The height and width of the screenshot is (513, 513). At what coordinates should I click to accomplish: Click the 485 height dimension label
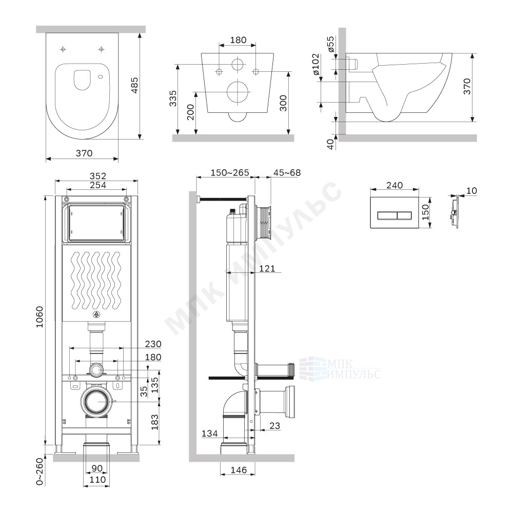point(134,86)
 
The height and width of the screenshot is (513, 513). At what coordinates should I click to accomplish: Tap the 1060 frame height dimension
point(40,317)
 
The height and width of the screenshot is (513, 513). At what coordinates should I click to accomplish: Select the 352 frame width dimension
point(98,176)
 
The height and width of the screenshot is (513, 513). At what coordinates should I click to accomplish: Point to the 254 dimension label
point(98,185)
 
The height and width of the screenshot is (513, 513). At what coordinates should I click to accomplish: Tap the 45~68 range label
point(287,172)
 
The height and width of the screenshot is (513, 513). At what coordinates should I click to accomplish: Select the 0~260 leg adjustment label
point(40,471)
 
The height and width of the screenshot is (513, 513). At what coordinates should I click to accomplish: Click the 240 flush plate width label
point(394,185)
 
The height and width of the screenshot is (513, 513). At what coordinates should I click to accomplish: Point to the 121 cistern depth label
point(267,269)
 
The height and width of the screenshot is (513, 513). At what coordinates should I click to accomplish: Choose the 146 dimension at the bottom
point(239,470)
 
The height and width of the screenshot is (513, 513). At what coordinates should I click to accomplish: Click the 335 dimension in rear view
point(173,98)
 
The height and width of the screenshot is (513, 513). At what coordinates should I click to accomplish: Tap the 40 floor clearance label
point(331,144)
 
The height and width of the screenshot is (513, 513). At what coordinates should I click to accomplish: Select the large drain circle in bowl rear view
point(239,92)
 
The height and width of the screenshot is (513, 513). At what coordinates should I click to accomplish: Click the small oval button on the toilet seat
point(101,77)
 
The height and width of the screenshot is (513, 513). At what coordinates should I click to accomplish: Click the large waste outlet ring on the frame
point(97,401)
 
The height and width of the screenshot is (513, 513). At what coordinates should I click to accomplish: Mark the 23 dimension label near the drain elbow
point(275,425)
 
